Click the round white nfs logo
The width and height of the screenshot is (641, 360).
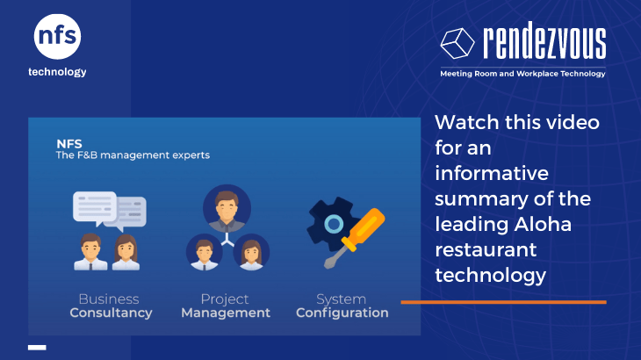coord(57,36)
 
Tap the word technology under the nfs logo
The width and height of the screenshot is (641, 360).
coord(57,72)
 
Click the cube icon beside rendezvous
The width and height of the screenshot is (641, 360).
coord(457,43)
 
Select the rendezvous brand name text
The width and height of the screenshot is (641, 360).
coord(544,40)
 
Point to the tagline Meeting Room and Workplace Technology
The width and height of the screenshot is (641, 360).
coord(522,74)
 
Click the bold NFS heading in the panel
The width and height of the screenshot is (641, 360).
coord(69,144)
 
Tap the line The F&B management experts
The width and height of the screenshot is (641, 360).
coord(133,155)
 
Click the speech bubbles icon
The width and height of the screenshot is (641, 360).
coord(110,211)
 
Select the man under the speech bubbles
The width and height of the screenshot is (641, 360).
coord(90,252)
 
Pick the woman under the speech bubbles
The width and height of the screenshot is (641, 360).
coord(126,252)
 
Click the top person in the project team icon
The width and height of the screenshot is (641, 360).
coord(227,208)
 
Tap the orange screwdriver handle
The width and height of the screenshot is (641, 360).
coord(364,229)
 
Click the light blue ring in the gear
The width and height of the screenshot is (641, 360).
coord(334,224)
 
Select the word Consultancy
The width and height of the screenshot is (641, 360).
coord(111,313)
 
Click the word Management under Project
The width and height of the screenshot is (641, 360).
coord(226,313)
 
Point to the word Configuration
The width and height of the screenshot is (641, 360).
coord(342,313)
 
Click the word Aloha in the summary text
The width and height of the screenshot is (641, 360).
coord(543,224)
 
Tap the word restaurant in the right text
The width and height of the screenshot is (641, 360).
coord(486,249)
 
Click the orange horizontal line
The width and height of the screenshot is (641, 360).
coord(504,302)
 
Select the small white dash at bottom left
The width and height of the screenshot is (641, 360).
coord(37,348)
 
